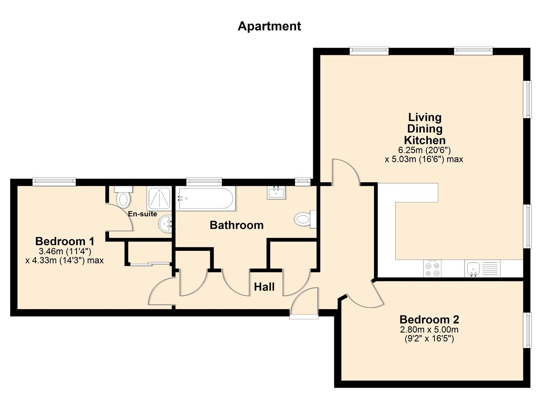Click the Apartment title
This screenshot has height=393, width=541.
269,26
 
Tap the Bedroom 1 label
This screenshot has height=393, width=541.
65,241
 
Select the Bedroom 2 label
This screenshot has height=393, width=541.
429,319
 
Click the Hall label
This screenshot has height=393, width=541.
264,287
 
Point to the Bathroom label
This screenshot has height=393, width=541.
236,225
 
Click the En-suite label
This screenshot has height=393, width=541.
142,214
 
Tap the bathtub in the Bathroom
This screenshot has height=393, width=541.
205,199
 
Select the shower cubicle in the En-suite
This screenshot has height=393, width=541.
159,199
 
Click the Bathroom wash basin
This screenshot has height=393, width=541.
276,192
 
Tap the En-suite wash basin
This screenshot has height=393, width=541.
165,224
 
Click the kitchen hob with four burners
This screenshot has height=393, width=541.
432,269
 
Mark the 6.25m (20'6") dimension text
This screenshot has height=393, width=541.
424,150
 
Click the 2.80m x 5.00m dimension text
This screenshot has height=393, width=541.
429,330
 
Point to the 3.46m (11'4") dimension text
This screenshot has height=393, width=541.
65,251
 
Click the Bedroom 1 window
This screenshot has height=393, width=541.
54,182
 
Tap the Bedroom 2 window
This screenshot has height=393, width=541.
527,330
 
